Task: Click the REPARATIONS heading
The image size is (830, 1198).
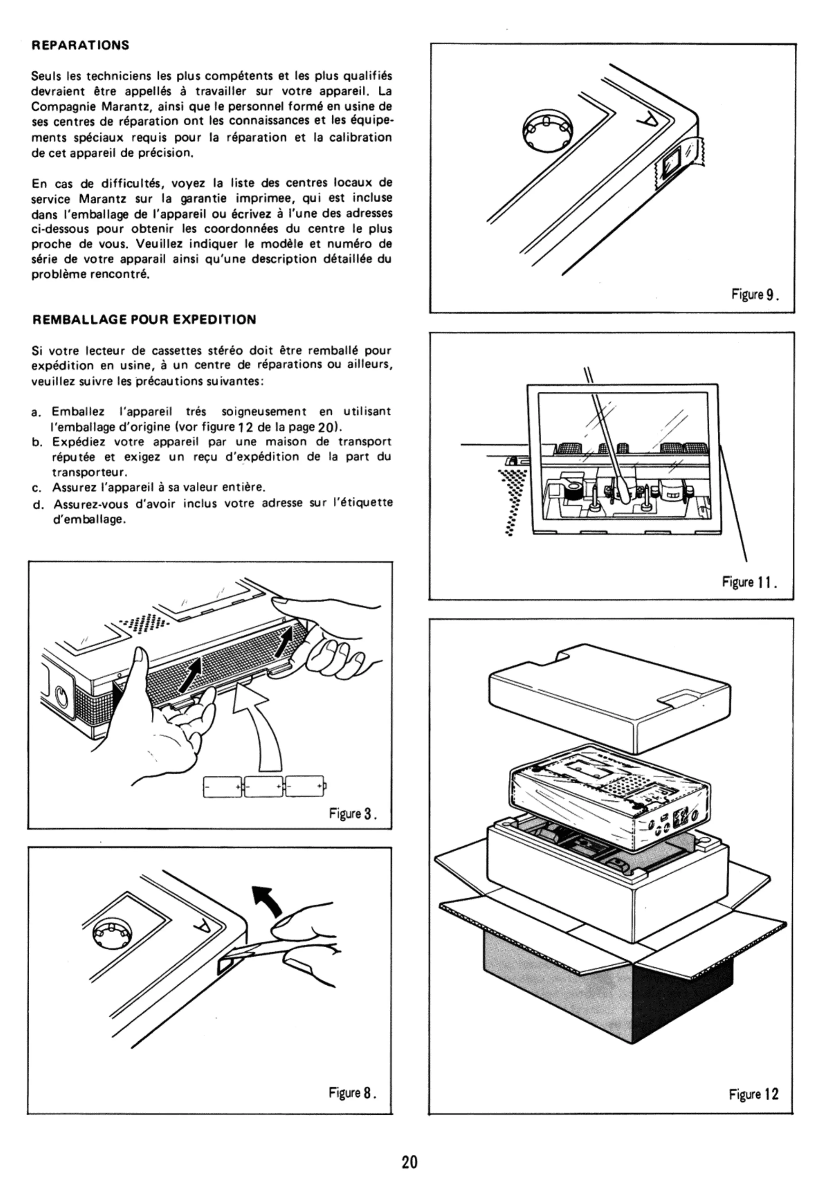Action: point(80,45)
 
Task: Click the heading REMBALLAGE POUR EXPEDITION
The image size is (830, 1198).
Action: point(144,320)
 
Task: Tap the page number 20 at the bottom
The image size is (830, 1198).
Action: point(410,1162)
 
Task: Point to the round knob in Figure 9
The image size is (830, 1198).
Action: point(546,130)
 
